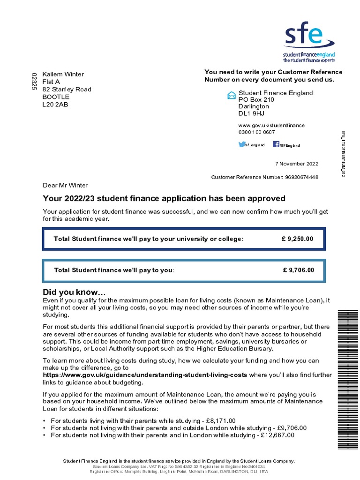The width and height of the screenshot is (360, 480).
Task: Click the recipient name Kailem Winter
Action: [63, 74]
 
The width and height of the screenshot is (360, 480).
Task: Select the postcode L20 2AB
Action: [55, 104]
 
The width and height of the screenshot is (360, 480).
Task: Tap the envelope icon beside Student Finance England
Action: [231, 96]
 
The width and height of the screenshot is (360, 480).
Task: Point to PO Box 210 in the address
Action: [256, 100]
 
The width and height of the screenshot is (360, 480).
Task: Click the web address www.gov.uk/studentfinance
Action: [271, 125]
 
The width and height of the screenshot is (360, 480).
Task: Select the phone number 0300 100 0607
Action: [257, 132]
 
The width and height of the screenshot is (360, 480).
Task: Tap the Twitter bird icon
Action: [242, 145]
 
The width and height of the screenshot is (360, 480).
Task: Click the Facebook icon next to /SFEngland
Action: [276, 144]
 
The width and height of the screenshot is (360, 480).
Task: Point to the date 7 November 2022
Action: [296, 164]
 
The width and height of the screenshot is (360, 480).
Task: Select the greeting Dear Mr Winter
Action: [65, 185]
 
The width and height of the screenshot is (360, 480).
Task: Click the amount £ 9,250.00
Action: [297, 239]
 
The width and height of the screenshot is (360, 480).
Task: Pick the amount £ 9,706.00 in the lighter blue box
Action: [298, 270]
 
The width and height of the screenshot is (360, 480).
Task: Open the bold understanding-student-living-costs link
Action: [145, 375]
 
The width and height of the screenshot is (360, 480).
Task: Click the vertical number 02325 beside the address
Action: [33, 82]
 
